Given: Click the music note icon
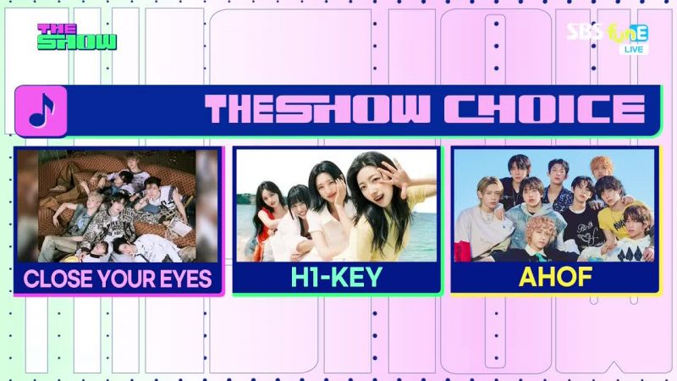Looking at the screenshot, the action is [41, 111].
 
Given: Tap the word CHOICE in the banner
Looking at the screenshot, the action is [545, 109].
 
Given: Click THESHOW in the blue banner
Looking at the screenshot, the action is [317, 109].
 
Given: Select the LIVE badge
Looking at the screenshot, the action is [633, 49].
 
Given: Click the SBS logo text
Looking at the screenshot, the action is [585, 31].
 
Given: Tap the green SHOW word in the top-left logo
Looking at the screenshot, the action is [77, 41].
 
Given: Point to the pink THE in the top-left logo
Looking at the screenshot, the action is [57, 29].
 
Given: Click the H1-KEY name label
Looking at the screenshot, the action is [336, 277].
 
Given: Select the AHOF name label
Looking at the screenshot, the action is [555, 277].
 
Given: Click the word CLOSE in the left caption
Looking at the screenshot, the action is [58, 279].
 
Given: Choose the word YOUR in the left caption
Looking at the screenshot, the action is [127, 279].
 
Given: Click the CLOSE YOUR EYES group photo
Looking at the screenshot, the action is [118, 206].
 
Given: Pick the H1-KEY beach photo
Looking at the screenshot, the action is [336, 206].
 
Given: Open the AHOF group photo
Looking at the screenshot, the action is [554, 206].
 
